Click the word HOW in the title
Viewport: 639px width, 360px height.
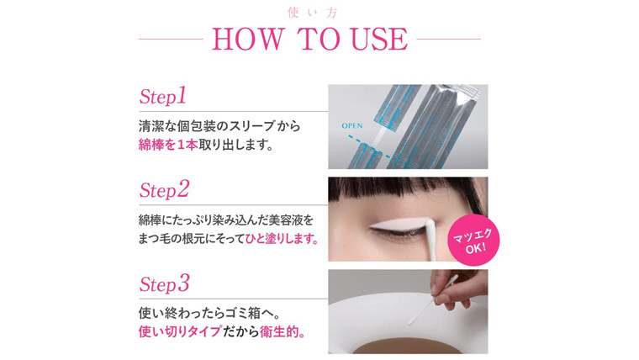[x=247, y=40]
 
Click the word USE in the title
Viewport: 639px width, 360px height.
[x=379, y=40]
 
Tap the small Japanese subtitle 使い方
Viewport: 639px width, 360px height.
[x=313, y=13]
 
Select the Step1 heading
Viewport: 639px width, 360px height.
[x=162, y=96]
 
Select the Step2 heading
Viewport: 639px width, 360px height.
[x=164, y=189]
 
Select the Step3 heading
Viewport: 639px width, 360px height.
[x=164, y=283]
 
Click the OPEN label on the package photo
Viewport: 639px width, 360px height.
[x=352, y=125]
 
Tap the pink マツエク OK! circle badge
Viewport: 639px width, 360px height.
[x=473, y=240]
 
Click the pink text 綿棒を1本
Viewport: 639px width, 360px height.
[x=168, y=145]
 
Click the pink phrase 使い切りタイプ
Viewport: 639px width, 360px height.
[x=180, y=332]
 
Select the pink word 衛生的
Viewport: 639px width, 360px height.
[x=279, y=332]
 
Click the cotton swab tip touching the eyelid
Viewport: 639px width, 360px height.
[x=430, y=225]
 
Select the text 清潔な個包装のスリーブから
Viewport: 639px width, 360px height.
[x=219, y=126]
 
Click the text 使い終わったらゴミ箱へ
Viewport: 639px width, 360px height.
[x=209, y=313]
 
